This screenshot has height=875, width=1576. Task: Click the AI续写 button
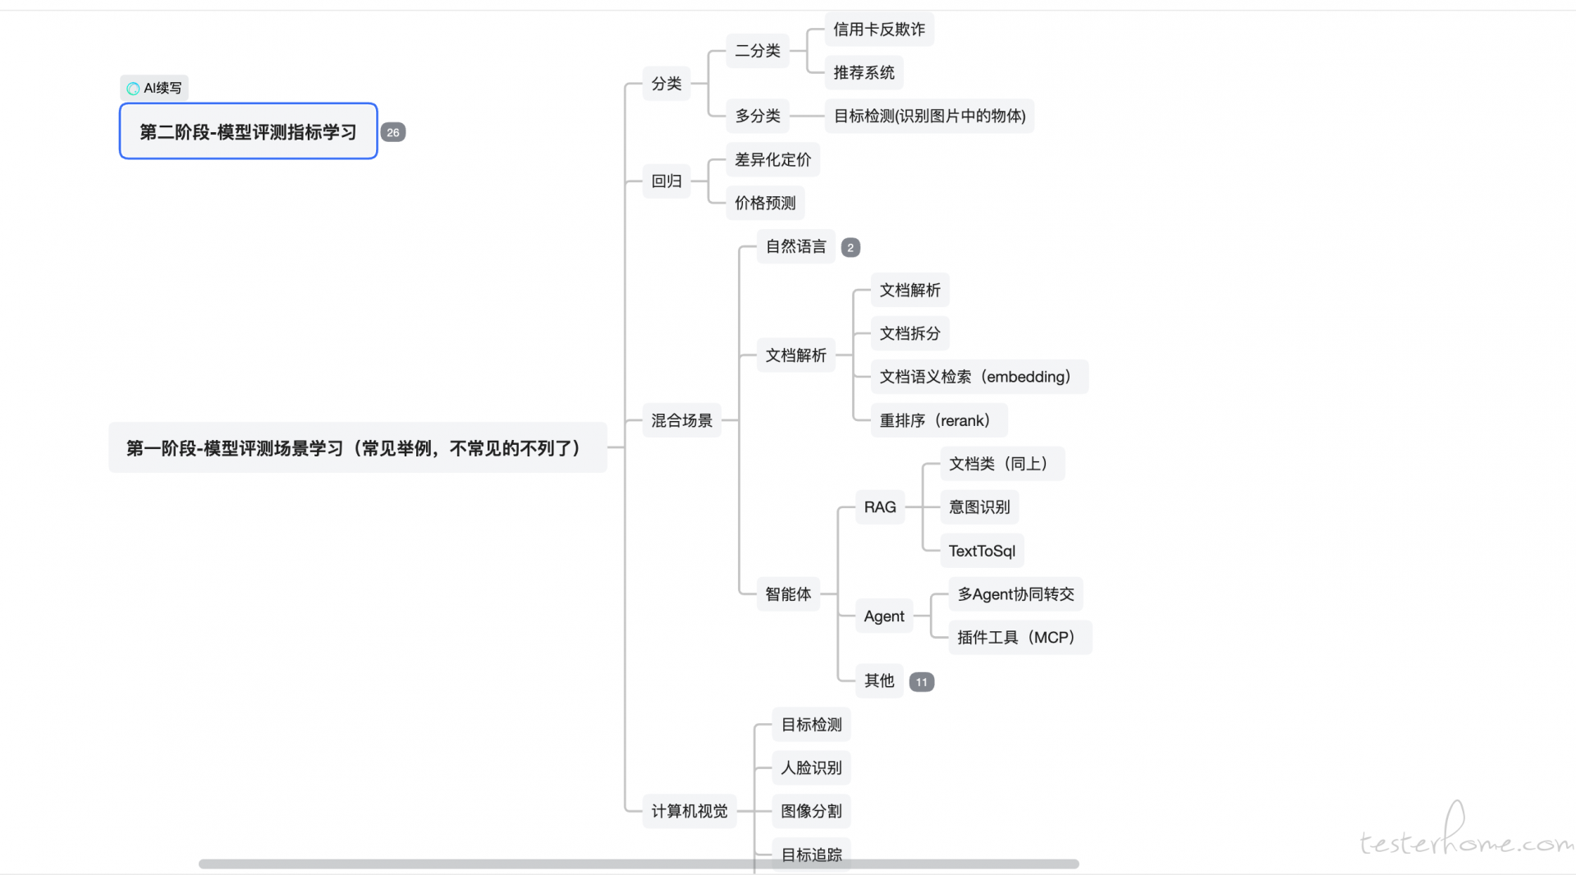154,88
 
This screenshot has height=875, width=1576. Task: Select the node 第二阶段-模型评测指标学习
248,131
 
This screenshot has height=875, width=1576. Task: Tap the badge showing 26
393,132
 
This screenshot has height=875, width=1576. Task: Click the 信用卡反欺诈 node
878,30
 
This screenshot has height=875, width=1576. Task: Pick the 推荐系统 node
864,73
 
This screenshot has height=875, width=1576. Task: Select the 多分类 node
758,116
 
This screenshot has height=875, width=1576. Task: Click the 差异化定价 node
772,159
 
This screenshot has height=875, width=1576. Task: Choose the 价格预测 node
765,203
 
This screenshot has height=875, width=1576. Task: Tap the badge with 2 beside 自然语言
850,247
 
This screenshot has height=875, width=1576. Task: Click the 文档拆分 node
909,333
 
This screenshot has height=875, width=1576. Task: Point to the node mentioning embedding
979,377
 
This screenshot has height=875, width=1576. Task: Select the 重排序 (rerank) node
939,420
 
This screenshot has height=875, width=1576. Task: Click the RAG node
880,507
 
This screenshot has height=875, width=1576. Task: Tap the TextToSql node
982,551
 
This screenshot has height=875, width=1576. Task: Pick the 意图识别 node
979,507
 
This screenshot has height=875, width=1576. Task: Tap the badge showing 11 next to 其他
922,682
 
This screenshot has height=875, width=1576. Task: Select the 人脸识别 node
811,767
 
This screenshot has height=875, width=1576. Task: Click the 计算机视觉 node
689,811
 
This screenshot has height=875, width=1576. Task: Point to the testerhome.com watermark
1466,832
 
